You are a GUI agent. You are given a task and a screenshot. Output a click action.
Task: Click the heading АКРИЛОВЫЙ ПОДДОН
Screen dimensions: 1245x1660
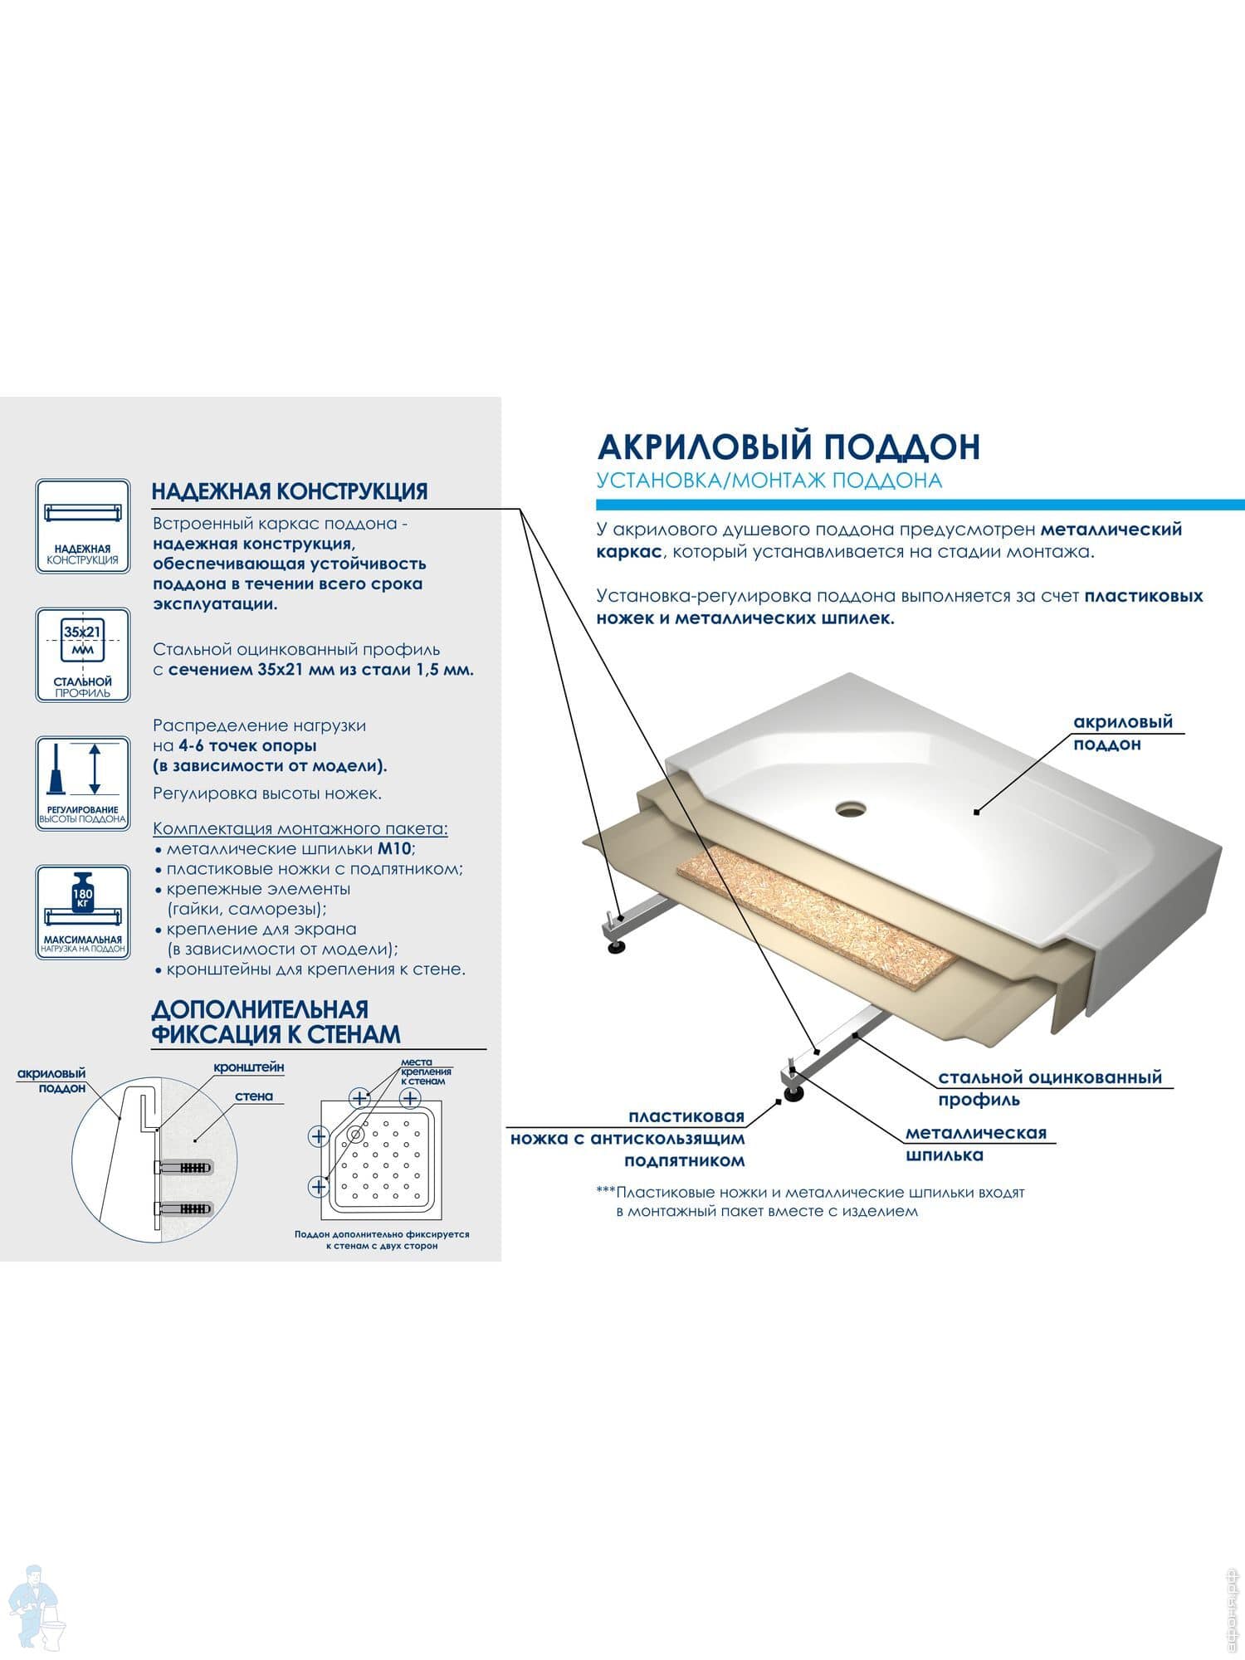788,447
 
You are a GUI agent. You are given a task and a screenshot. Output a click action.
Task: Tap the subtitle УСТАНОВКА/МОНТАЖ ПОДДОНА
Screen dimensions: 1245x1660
769,481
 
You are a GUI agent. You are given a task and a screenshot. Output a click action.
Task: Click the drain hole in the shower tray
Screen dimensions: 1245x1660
851,807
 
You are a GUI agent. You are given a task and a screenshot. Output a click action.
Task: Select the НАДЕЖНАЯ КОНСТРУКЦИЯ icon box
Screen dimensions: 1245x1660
83,525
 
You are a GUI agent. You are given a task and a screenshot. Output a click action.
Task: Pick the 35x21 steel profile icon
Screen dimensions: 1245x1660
83,655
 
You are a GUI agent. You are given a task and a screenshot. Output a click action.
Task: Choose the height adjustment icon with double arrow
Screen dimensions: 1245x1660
83,784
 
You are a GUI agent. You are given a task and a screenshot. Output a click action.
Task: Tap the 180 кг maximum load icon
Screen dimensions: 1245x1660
83,912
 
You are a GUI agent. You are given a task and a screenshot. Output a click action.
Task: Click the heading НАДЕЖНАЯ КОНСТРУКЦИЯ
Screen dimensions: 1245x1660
290,491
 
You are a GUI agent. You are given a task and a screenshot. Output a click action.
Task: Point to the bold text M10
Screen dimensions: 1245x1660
395,848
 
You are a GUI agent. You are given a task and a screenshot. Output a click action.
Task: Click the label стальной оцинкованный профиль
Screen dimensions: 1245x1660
1050,1089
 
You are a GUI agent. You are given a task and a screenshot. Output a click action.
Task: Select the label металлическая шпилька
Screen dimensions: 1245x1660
976,1144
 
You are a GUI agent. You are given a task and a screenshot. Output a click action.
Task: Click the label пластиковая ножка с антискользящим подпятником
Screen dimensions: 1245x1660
627,1139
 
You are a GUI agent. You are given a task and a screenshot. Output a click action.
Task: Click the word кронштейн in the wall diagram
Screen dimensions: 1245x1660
249,1067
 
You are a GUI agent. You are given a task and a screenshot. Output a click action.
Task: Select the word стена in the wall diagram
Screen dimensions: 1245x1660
254,1096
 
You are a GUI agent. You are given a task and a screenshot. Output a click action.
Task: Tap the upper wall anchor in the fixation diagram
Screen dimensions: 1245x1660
184,1167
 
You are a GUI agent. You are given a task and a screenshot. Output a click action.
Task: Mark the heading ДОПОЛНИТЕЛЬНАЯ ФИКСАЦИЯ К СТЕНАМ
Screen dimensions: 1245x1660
276,1022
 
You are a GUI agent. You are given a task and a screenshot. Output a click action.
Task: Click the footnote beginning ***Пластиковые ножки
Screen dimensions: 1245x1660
811,1202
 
